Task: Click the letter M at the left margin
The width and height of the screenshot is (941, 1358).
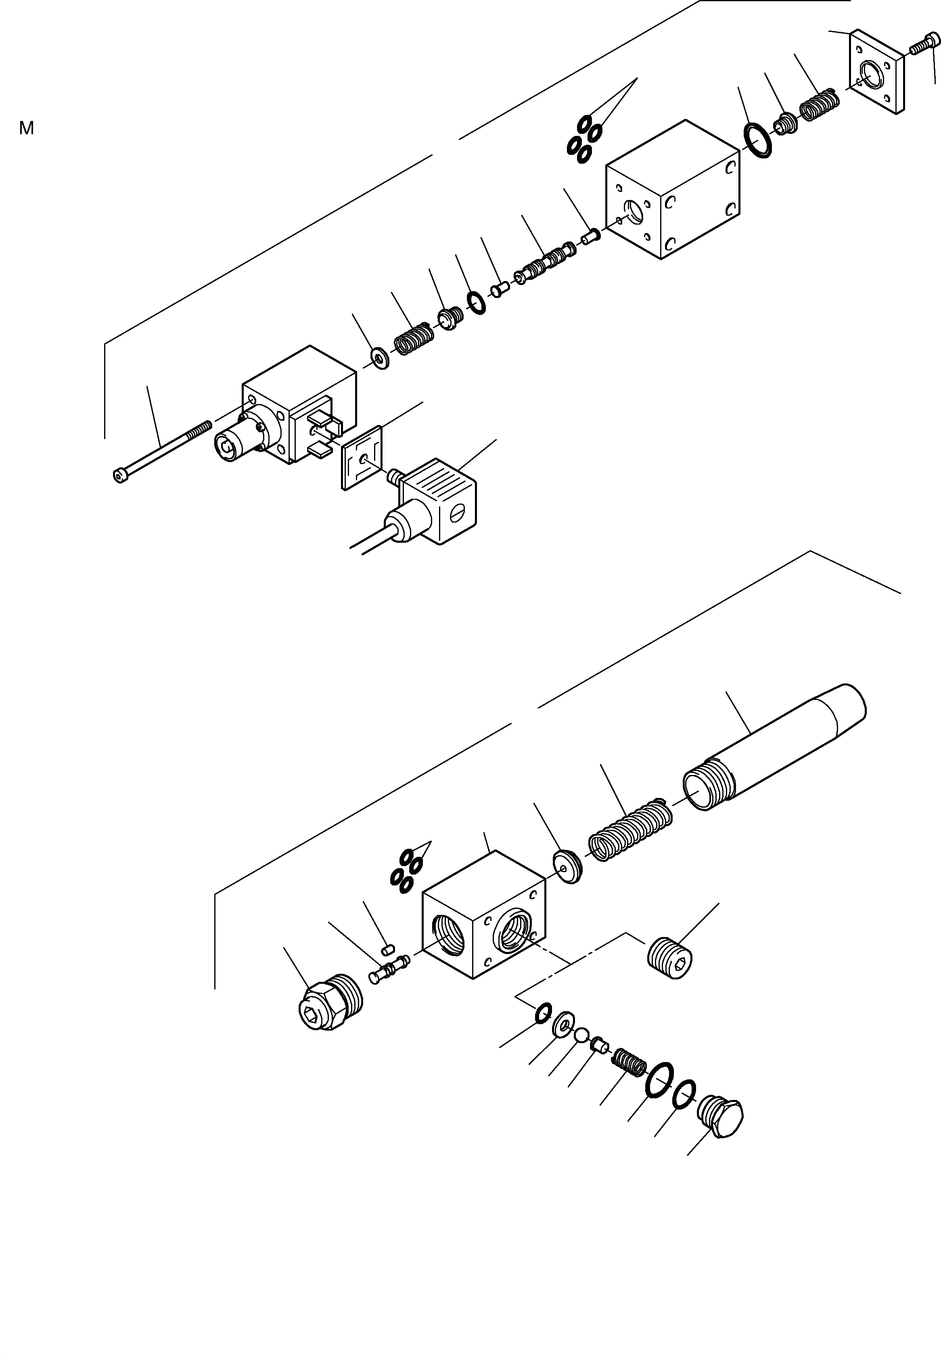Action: coord(26,128)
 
